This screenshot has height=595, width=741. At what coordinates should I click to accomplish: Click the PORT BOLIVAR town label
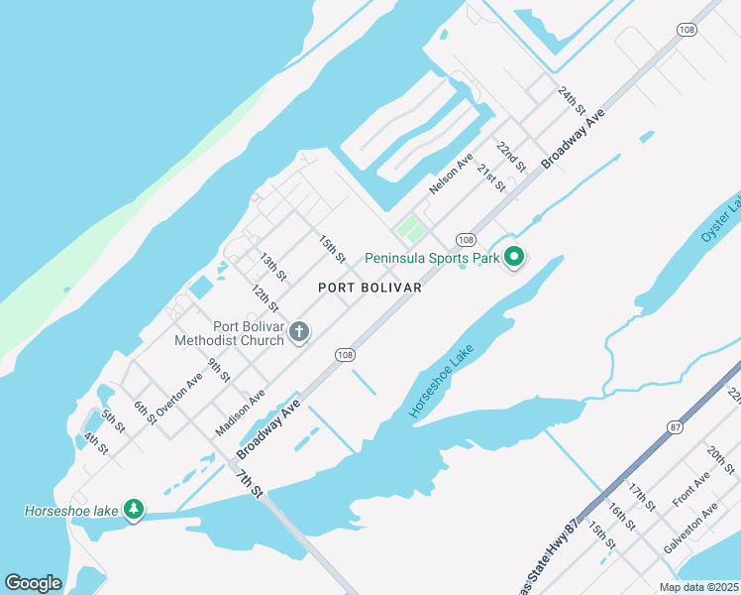(x=370, y=288)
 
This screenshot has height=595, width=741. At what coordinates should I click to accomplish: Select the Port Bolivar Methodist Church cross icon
(x=299, y=334)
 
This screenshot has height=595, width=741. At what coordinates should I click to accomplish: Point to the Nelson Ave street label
(x=451, y=174)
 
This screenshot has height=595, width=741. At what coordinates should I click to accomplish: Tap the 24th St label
(x=572, y=100)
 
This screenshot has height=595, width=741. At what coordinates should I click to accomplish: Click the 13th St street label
(x=272, y=267)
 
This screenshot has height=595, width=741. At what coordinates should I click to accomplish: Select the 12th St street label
(x=264, y=298)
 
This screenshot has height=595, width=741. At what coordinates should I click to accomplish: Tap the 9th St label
(x=219, y=371)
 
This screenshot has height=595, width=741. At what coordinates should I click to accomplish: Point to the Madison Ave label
(x=241, y=411)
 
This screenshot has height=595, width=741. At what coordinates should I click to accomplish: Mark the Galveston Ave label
(x=689, y=532)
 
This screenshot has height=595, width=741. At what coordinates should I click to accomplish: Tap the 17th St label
(x=642, y=498)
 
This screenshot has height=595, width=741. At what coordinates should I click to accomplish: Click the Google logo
(x=34, y=582)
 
